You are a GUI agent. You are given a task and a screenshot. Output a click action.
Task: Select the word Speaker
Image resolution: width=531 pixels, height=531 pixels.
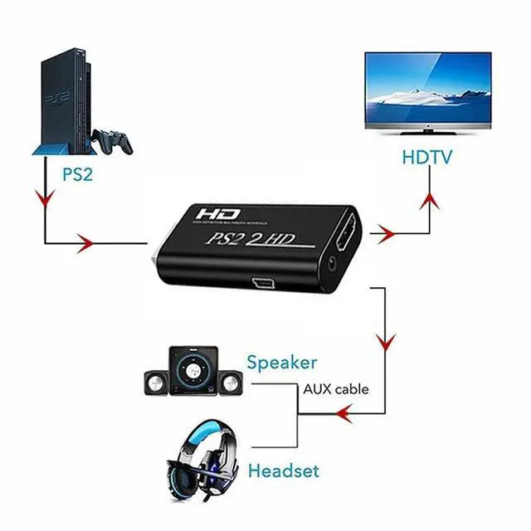(x=281, y=363)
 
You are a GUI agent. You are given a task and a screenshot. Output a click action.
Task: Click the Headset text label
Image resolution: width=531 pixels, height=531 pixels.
(x=284, y=471)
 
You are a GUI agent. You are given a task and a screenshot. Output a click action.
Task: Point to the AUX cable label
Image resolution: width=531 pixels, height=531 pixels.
(x=335, y=387)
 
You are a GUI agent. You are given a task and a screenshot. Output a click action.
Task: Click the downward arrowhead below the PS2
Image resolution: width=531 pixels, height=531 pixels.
(x=43, y=200)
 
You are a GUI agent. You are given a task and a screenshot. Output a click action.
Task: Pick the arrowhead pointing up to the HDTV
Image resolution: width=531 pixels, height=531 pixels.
(x=430, y=198)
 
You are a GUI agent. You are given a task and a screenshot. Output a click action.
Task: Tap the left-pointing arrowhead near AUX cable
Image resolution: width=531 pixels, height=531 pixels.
(x=343, y=410)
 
